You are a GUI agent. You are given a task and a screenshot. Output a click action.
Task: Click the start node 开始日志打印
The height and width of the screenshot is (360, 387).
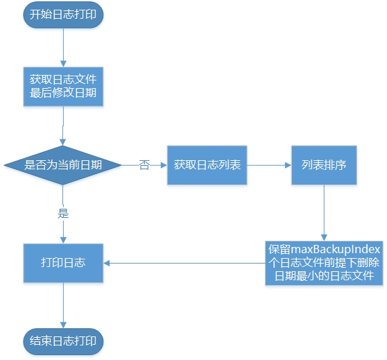point(63,15)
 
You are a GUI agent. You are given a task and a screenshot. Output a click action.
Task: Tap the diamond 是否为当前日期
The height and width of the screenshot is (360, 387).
point(63,165)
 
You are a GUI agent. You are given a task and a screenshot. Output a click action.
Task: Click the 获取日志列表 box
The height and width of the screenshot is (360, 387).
point(207,165)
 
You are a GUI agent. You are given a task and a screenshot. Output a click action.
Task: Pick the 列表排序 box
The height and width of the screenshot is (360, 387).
point(324,165)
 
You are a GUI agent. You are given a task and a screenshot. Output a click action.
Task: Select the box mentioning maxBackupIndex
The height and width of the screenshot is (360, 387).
point(324,263)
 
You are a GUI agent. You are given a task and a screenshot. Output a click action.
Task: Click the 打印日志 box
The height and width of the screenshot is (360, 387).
point(63,263)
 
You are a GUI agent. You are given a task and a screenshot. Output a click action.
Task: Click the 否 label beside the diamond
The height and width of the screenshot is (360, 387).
point(144,166)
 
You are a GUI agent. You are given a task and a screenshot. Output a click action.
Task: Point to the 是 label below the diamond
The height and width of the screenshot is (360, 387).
point(64,213)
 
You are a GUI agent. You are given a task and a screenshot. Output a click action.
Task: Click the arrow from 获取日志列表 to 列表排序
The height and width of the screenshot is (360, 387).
point(268,165)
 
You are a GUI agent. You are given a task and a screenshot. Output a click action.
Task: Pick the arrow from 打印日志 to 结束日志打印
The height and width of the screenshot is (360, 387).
point(63,304)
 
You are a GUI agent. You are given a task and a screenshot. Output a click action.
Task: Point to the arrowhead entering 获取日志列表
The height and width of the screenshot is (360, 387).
point(163,165)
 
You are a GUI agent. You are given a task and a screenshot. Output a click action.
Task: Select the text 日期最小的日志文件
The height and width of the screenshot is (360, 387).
point(324,276)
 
